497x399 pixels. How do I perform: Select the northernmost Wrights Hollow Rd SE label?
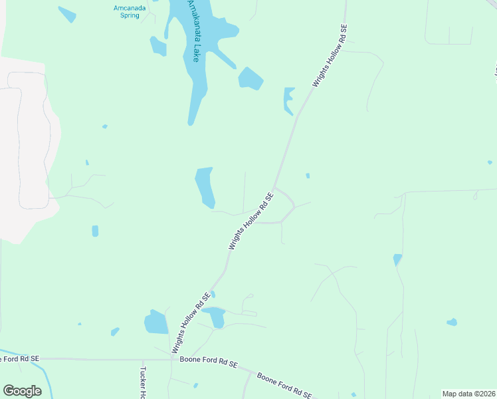pos(330,57)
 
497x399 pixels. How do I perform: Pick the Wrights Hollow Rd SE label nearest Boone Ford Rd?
pos(191,323)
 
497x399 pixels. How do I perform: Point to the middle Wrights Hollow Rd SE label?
pos(251,221)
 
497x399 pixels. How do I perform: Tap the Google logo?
pos(23,391)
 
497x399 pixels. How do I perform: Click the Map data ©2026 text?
pos(468,394)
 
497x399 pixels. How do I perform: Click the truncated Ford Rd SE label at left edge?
pos(20,359)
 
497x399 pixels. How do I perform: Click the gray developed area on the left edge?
pos(23,146)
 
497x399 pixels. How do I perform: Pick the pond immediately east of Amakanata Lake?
pos(250,78)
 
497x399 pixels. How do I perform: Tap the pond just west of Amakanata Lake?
pos(158,46)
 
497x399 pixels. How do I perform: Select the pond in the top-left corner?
pos(67,14)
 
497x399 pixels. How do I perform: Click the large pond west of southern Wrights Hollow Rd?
pos(157,323)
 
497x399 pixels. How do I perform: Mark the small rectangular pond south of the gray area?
pos(95,231)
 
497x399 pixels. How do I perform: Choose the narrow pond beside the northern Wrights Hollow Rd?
pos(288,100)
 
